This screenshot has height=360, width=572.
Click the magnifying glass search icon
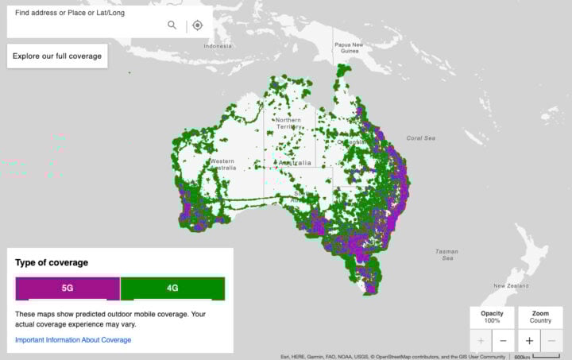172,25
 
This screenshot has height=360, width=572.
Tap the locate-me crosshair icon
198,25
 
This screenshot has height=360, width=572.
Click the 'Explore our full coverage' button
56,56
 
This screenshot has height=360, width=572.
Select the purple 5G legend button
68,288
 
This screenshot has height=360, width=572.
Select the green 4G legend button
172,288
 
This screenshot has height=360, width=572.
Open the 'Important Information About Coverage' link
73,340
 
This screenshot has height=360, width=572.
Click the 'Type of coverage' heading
52,262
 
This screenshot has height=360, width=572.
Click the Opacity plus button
481,341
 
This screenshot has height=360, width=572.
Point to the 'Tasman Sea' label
446,254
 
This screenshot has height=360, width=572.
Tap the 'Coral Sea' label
421,138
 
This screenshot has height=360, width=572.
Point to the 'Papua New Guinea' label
350,48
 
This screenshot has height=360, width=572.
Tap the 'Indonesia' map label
217,46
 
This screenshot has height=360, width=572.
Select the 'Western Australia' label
222,165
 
